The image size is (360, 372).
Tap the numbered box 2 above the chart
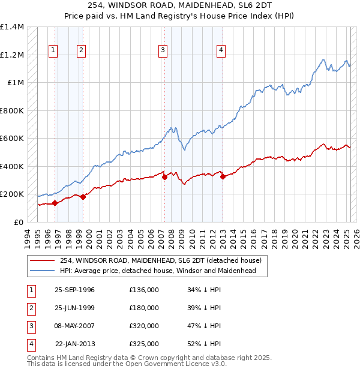[81, 50]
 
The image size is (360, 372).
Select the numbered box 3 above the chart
[163, 50]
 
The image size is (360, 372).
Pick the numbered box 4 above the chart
[221, 50]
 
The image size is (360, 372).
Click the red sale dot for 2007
[164, 177]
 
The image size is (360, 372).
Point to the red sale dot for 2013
[223, 176]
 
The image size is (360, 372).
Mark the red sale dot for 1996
[55, 203]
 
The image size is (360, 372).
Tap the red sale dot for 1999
[83, 197]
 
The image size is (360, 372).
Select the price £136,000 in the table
[144, 290]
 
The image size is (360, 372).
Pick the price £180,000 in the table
[144, 308]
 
